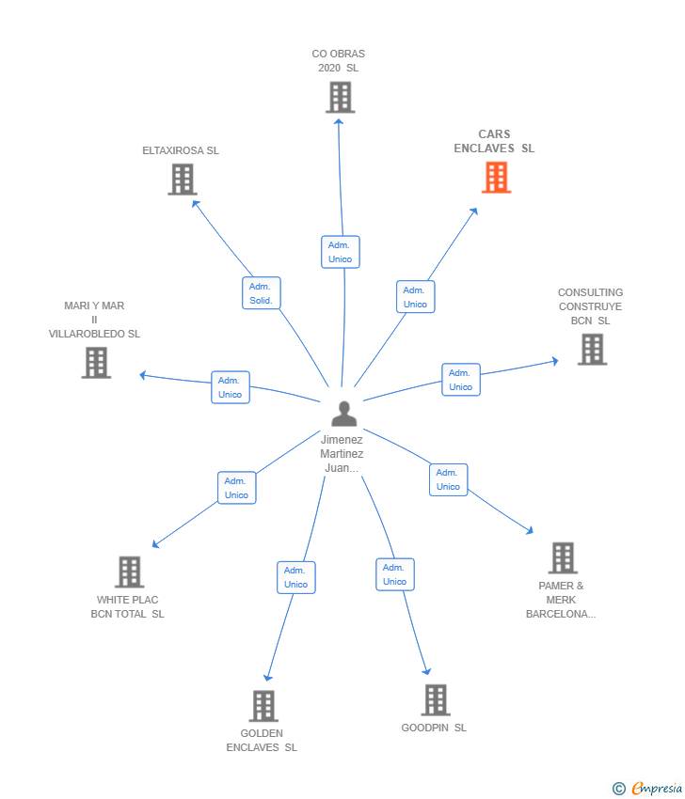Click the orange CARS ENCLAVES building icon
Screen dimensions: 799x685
click(x=496, y=177)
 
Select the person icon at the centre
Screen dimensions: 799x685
click(x=344, y=414)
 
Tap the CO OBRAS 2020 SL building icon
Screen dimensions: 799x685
click(x=340, y=97)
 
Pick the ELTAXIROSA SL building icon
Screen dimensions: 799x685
click(x=183, y=179)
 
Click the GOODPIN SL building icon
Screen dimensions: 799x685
click(x=435, y=699)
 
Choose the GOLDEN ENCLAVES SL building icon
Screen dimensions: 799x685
click(x=263, y=706)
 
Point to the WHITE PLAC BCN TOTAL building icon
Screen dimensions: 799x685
click(x=129, y=572)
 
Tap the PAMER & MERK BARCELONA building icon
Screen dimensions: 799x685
click(x=562, y=557)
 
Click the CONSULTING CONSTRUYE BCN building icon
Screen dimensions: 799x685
click(x=592, y=349)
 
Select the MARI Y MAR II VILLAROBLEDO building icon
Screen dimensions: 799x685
click(x=96, y=362)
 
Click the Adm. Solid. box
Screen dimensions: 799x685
click(x=261, y=293)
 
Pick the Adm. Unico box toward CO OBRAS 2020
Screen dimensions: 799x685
click(x=340, y=252)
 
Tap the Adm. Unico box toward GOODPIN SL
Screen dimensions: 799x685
click(x=395, y=574)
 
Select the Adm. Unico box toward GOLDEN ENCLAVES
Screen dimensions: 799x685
click(x=295, y=577)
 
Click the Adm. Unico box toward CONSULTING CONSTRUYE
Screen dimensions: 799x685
click(x=461, y=380)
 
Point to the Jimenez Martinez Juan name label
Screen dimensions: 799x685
click(x=342, y=453)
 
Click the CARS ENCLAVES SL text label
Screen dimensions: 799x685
click(x=494, y=142)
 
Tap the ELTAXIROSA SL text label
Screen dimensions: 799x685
click(x=181, y=150)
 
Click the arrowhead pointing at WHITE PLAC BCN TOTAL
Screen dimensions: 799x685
click(x=155, y=544)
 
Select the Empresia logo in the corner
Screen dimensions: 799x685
click(x=648, y=788)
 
